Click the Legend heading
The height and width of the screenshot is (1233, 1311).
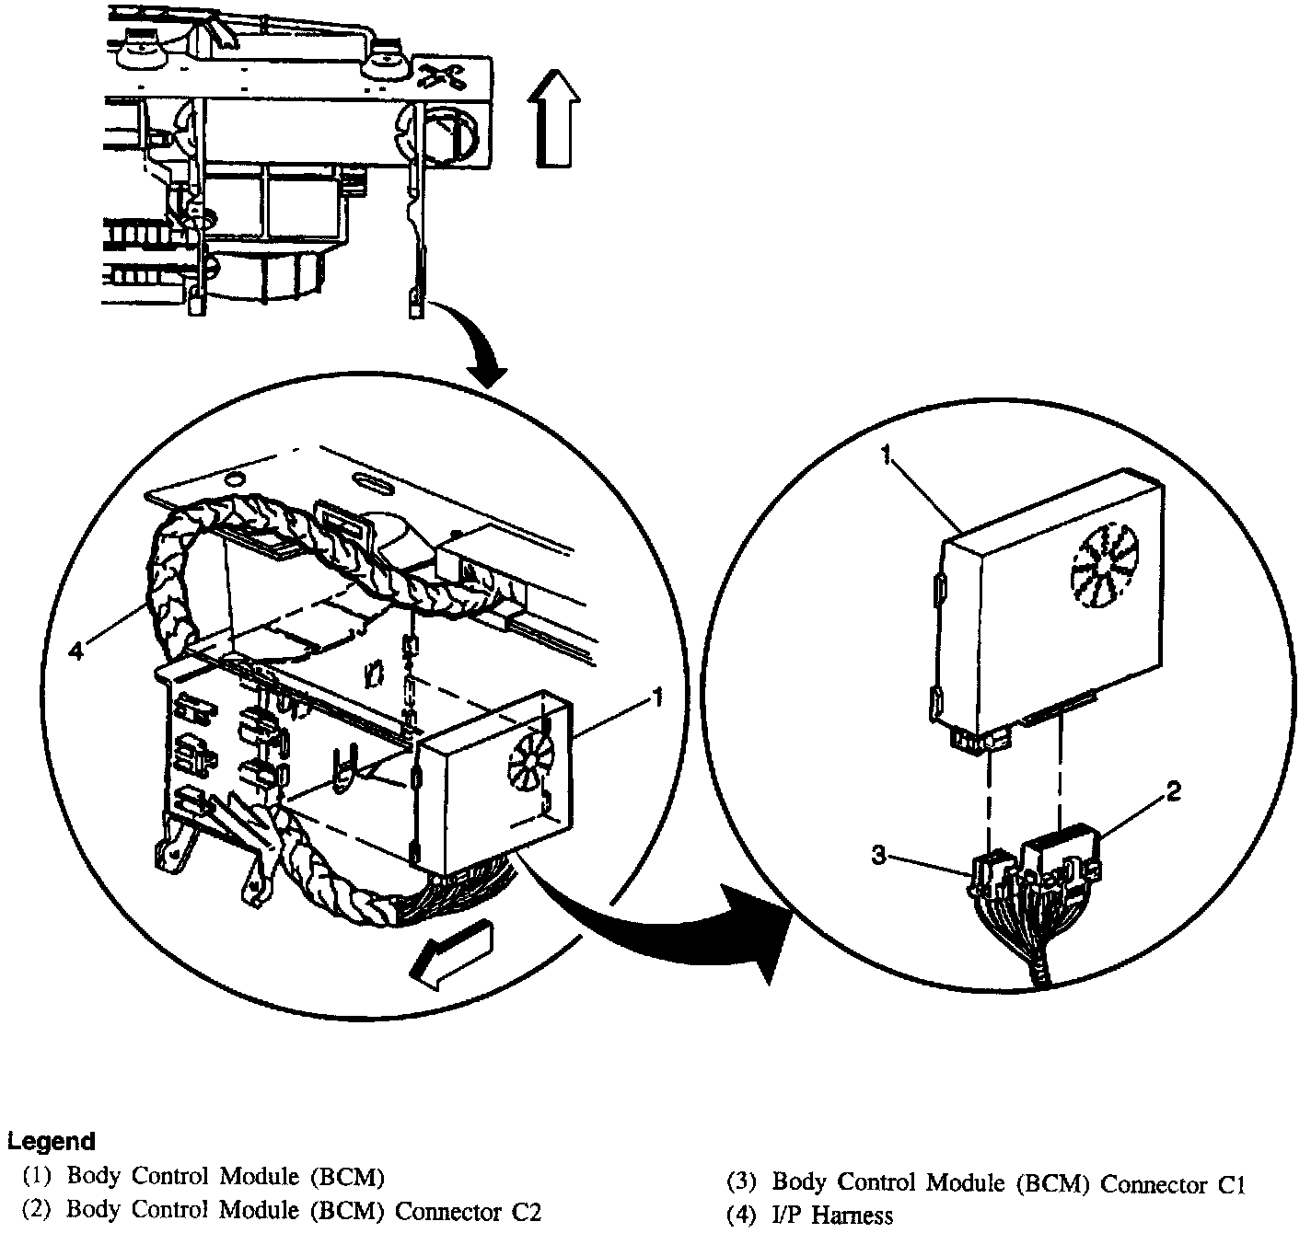[52, 1142]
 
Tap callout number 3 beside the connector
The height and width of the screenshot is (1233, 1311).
[879, 856]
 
